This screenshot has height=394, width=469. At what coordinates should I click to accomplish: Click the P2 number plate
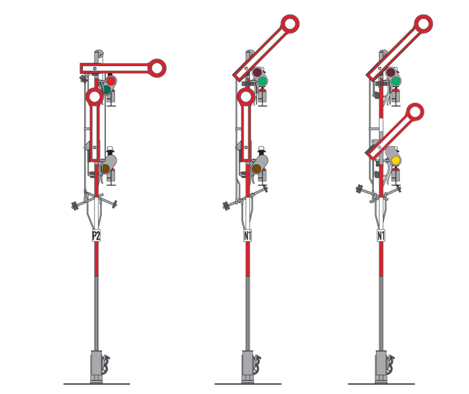96,236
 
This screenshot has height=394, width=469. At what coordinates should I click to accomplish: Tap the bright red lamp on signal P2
111,81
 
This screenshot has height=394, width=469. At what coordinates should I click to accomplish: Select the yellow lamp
396,160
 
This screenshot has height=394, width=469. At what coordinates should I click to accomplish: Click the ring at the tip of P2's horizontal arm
157,68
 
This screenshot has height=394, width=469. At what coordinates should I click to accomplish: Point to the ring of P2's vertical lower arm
94,97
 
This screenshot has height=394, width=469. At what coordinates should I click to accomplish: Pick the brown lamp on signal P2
106,169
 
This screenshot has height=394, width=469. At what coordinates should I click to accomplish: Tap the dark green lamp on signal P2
107,89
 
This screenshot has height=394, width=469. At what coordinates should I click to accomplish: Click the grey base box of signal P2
96,367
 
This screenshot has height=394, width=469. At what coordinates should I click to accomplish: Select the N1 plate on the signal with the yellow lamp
381,236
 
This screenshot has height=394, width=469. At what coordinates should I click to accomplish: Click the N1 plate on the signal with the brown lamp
247,236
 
